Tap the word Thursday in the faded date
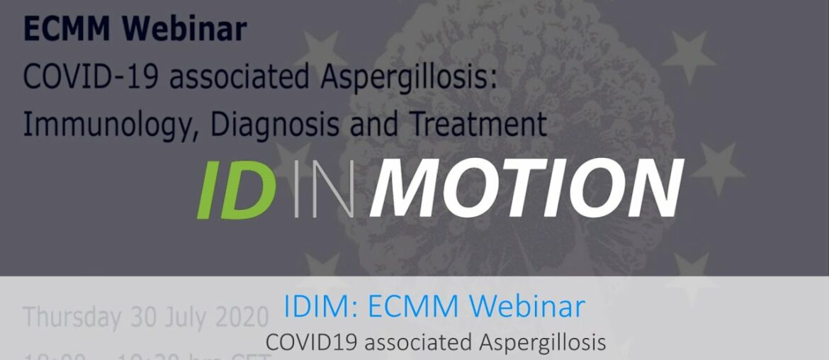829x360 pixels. pos(71,317)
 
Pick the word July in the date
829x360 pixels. pos(186,317)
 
